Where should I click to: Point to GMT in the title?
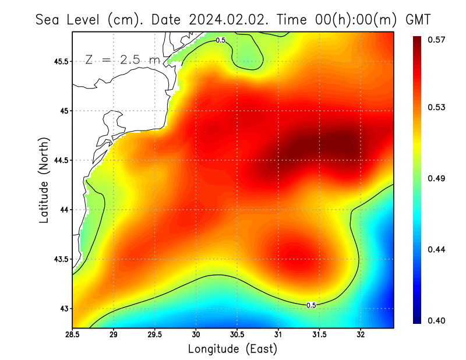click(418, 19)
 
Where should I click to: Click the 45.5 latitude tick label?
click(61, 61)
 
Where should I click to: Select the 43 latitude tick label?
click(65, 308)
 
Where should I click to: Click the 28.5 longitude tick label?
click(72, 335)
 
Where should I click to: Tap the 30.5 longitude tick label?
click(237, 335)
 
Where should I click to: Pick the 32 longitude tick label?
click(361, 335)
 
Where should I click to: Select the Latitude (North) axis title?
click(44, 179)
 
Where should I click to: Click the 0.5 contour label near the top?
click(220, 40)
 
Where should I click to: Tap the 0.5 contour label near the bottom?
click(311, 305)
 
